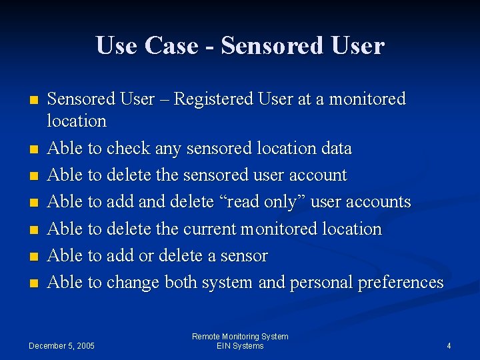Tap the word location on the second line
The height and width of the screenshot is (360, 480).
[x=77, y=121]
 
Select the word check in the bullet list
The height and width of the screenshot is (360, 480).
[x=128, y=148]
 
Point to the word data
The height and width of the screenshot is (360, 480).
[x=334, y=148]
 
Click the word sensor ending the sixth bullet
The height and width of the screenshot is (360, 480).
[x=243, y=256]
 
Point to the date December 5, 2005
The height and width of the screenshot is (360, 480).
[x=61, y=345]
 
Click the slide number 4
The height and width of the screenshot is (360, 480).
[x=449, y=345]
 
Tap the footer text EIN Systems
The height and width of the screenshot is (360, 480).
[x=240, y=345]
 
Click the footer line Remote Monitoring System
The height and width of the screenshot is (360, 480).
[x=240, y=337]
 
